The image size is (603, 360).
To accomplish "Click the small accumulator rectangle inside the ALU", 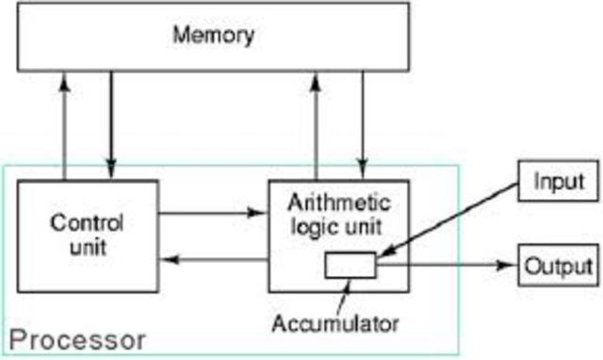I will click(x=350, y=267).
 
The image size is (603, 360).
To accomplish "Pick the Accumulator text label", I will click(x=335, y=323).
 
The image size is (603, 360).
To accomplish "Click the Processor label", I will click(x=78, y=338).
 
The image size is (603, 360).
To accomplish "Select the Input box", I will click(x=559, y=179).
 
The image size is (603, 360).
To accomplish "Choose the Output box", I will click(x=559, y=265).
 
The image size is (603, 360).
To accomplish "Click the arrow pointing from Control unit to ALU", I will click(x=213, y=213).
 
